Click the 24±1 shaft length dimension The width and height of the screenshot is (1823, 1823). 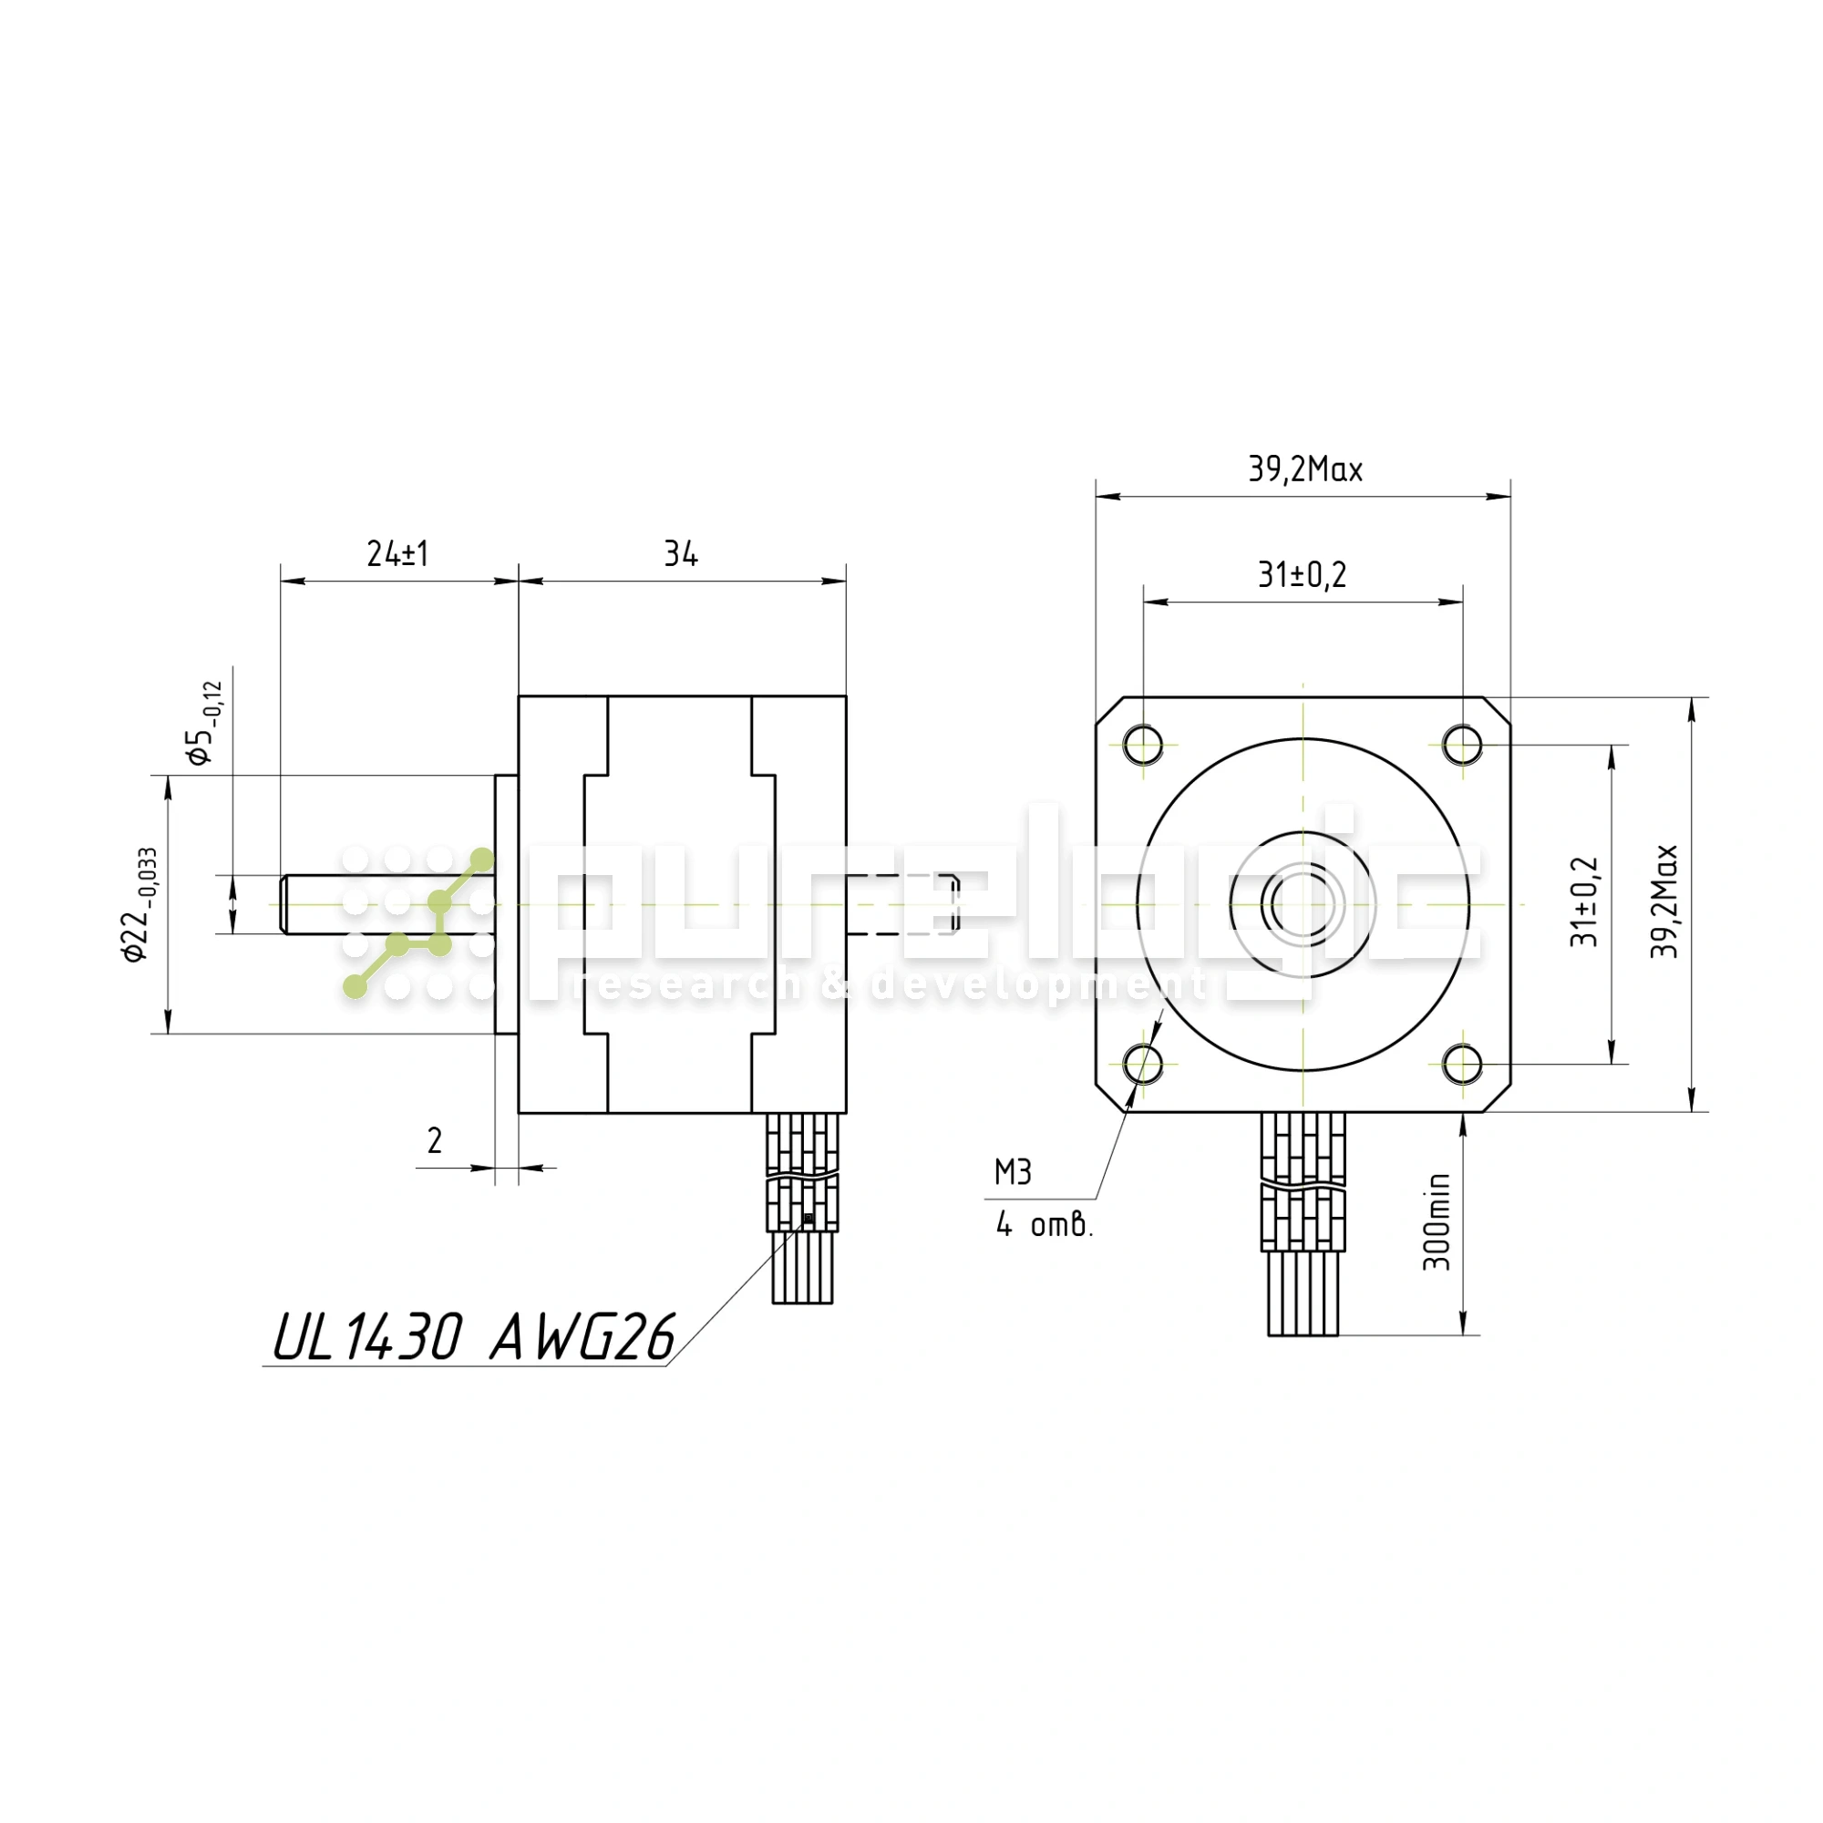coord(397,554)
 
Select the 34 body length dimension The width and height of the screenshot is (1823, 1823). coord(680,554)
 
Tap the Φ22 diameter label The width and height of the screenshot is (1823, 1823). coord(139,904)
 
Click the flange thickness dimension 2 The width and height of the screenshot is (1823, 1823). coord(434,1142)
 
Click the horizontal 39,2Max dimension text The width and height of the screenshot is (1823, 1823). coord(1305,469)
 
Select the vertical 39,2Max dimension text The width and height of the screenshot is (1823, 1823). coord(1664,902)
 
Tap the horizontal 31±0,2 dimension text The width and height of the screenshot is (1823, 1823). coord(1303,573)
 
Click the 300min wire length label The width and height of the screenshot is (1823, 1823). coord(1437,1223)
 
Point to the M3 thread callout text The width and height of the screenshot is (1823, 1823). coord(1013,1173)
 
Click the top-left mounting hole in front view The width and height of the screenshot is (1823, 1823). coord(1143,745)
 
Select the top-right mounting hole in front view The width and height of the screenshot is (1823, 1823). coord(1463,745)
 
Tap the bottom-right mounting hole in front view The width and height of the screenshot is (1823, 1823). coord(1463,1065)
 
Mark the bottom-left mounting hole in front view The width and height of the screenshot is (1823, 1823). coord(1143,1065)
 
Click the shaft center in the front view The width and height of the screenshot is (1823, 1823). coord(1303,905)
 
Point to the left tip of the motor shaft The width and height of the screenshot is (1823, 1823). coord(280,905)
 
